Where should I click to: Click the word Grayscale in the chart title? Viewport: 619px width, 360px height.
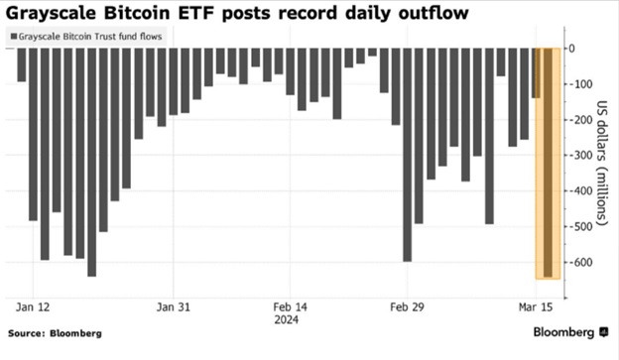[x=51, y=14]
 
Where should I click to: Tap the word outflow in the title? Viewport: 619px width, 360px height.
[x=433, y=13]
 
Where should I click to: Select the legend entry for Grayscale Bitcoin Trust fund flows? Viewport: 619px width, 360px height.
[x=86, y=37]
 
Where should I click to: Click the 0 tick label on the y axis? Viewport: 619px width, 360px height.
[x=571, y=49]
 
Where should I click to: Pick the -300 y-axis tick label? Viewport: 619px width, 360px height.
[x=580, y=155]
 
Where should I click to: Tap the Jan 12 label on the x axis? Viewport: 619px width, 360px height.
[x=33, y=307]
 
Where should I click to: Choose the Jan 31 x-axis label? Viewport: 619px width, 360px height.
[x=174, y=307]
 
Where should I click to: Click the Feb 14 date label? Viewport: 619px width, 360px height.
[x=290, y=307]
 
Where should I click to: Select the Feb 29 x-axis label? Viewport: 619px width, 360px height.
[x=407, y=307]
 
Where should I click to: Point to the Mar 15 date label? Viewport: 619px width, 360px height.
[x=536, y=307]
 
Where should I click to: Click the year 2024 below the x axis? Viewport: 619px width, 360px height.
[x=287, y=319]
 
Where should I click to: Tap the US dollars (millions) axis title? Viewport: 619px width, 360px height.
[x=601, y=163]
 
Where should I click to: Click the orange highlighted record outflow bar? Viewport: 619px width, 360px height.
[x=548, y=163]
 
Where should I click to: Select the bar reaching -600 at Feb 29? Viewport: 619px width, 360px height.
[x=407, y=155]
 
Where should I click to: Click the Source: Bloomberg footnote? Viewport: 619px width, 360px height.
[x=55, y=333]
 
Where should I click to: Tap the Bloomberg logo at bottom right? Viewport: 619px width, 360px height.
[x=570, y=332]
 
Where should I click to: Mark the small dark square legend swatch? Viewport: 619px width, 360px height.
[x=14, y=37]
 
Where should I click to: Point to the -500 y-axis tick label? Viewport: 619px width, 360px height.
[x=580, y=226]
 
